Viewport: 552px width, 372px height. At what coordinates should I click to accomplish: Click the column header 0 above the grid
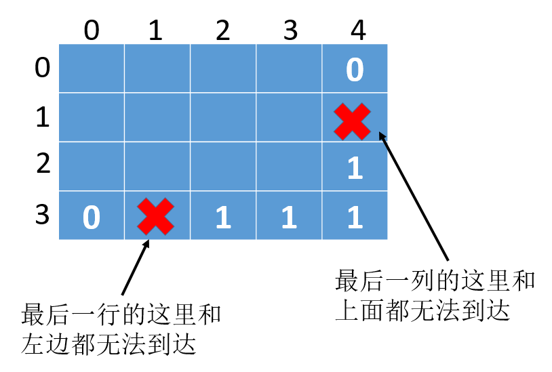point(92,30)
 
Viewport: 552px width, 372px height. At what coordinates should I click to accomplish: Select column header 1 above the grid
point(156,30)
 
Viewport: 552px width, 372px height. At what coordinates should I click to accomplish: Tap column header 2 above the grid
point(223,30)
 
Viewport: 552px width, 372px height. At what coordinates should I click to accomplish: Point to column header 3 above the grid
point(290,30)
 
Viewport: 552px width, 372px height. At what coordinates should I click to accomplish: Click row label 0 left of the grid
point(42,68)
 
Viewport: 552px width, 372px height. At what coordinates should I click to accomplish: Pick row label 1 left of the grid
point(42,117)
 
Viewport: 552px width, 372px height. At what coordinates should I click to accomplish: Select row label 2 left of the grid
point(42,165)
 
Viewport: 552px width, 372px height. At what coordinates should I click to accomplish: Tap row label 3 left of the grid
point(42,214)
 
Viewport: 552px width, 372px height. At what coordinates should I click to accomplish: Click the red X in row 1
point(353,121)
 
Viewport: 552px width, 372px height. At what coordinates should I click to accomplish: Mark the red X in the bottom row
point(155,216)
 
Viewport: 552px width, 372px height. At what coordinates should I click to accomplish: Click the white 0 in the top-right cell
point(355,70)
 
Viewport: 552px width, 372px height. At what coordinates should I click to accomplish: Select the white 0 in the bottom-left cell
point(92,218)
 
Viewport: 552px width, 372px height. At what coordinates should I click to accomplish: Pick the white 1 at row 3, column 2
point(223,218)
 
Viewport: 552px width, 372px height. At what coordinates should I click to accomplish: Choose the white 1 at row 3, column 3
point(290,218)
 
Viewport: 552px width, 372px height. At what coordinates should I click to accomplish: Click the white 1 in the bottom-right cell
point(355,218)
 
